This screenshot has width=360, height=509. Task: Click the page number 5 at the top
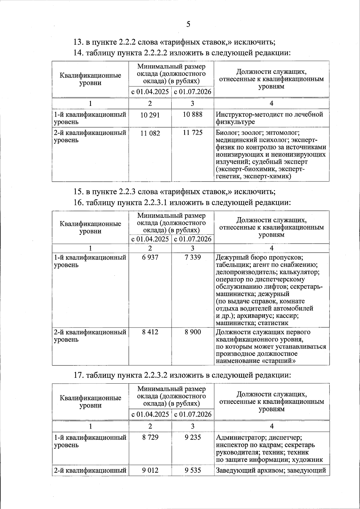188,24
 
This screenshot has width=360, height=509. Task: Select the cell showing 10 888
193,114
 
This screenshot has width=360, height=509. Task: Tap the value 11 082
150,133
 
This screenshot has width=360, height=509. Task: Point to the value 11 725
193,132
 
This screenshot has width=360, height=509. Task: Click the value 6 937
150,258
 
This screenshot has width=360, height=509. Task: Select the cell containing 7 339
193,258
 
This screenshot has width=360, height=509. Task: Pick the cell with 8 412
150,332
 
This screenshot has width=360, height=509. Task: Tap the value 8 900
193,332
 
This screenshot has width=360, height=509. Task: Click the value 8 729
150,437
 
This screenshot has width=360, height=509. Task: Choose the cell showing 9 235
193,437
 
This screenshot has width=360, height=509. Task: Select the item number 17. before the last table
79,375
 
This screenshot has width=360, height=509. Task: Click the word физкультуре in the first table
235,122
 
